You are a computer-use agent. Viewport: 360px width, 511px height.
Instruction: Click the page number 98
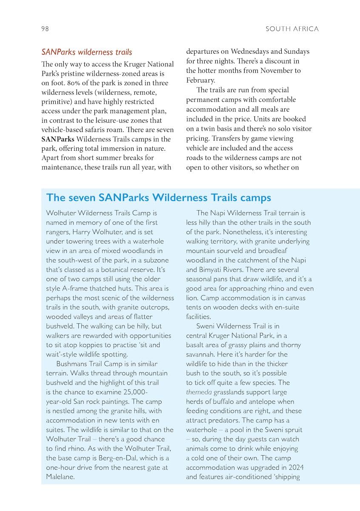coord(45,29)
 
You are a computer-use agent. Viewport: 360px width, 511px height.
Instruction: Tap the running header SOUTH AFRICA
coord(292,29)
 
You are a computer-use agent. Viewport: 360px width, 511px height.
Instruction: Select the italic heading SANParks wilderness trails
coord(86,52)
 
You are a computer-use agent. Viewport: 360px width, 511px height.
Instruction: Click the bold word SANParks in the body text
coord(57,139)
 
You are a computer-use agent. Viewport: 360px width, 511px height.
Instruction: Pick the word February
coord(200,80)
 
